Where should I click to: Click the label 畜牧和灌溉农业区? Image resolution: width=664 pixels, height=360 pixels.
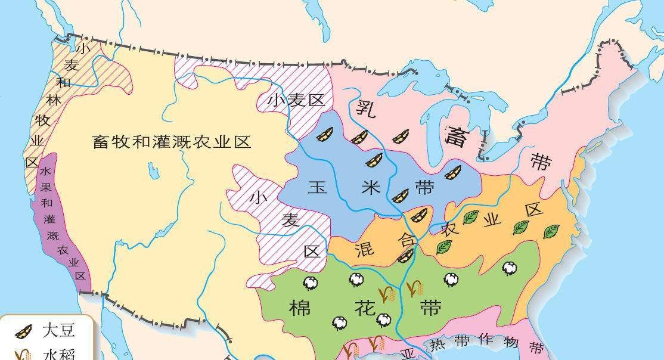(x=172, y=142)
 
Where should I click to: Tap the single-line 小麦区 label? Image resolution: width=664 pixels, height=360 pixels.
(x=296, y=100)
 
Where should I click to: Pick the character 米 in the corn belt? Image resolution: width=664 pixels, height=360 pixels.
(x=370, y=187)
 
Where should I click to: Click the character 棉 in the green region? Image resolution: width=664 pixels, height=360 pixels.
(x=300, y=309)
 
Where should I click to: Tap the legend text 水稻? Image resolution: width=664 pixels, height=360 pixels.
(x=59, y=355)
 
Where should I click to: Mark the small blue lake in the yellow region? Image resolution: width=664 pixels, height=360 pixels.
(x=154, y=172)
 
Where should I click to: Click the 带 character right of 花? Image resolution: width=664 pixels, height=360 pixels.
(x=430, y=308)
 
